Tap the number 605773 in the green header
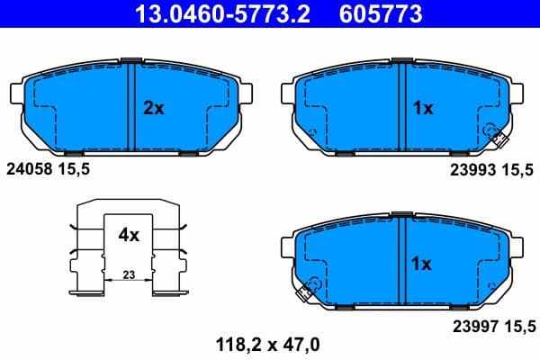379,14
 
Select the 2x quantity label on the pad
154,108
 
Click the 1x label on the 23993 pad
422,108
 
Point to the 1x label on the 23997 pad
422,265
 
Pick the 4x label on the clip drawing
129,236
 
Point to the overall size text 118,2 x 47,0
267,343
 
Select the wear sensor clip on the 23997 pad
306,291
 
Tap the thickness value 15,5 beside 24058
75,168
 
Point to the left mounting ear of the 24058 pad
15,93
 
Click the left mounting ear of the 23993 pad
288,93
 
